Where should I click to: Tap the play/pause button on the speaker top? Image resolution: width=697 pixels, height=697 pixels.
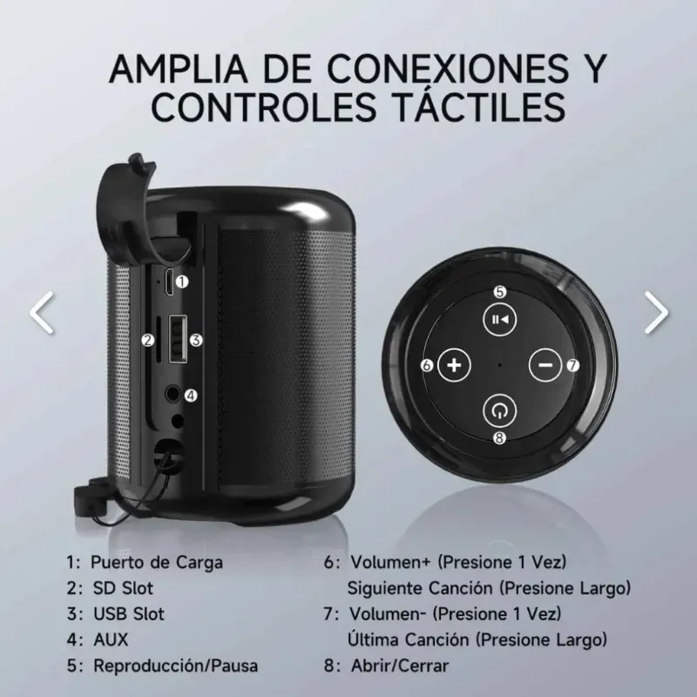[x=499, y=319]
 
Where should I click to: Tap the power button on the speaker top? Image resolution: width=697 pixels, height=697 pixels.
[x=499, y=410]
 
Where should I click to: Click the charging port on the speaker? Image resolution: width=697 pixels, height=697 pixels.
[x=169, y=281]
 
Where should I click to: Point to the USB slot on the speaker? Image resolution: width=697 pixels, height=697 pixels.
[x=178, y=339]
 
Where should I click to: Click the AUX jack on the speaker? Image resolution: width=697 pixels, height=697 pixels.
[x=173, y=394]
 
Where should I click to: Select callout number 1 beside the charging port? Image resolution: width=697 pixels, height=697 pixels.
[x=182, y=281]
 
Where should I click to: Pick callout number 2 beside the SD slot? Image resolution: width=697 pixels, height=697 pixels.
[x=148, y=341]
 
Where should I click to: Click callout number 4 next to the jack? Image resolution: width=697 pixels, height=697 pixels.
[x=191, y=396]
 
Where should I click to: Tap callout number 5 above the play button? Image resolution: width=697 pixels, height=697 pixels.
[x=500, y=292]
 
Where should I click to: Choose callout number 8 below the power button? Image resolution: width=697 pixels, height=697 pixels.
[x=499, y=438]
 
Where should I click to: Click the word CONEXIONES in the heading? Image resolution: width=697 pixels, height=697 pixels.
[x=448, y=69]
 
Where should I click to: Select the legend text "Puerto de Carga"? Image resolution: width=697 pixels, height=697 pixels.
[x=157, y=562]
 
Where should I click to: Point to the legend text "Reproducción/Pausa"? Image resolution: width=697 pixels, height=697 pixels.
[x=176, y=666]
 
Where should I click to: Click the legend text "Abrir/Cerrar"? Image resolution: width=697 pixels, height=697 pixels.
[x=400, y=666]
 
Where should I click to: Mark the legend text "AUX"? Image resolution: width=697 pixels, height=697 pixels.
[x=111, y=640]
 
